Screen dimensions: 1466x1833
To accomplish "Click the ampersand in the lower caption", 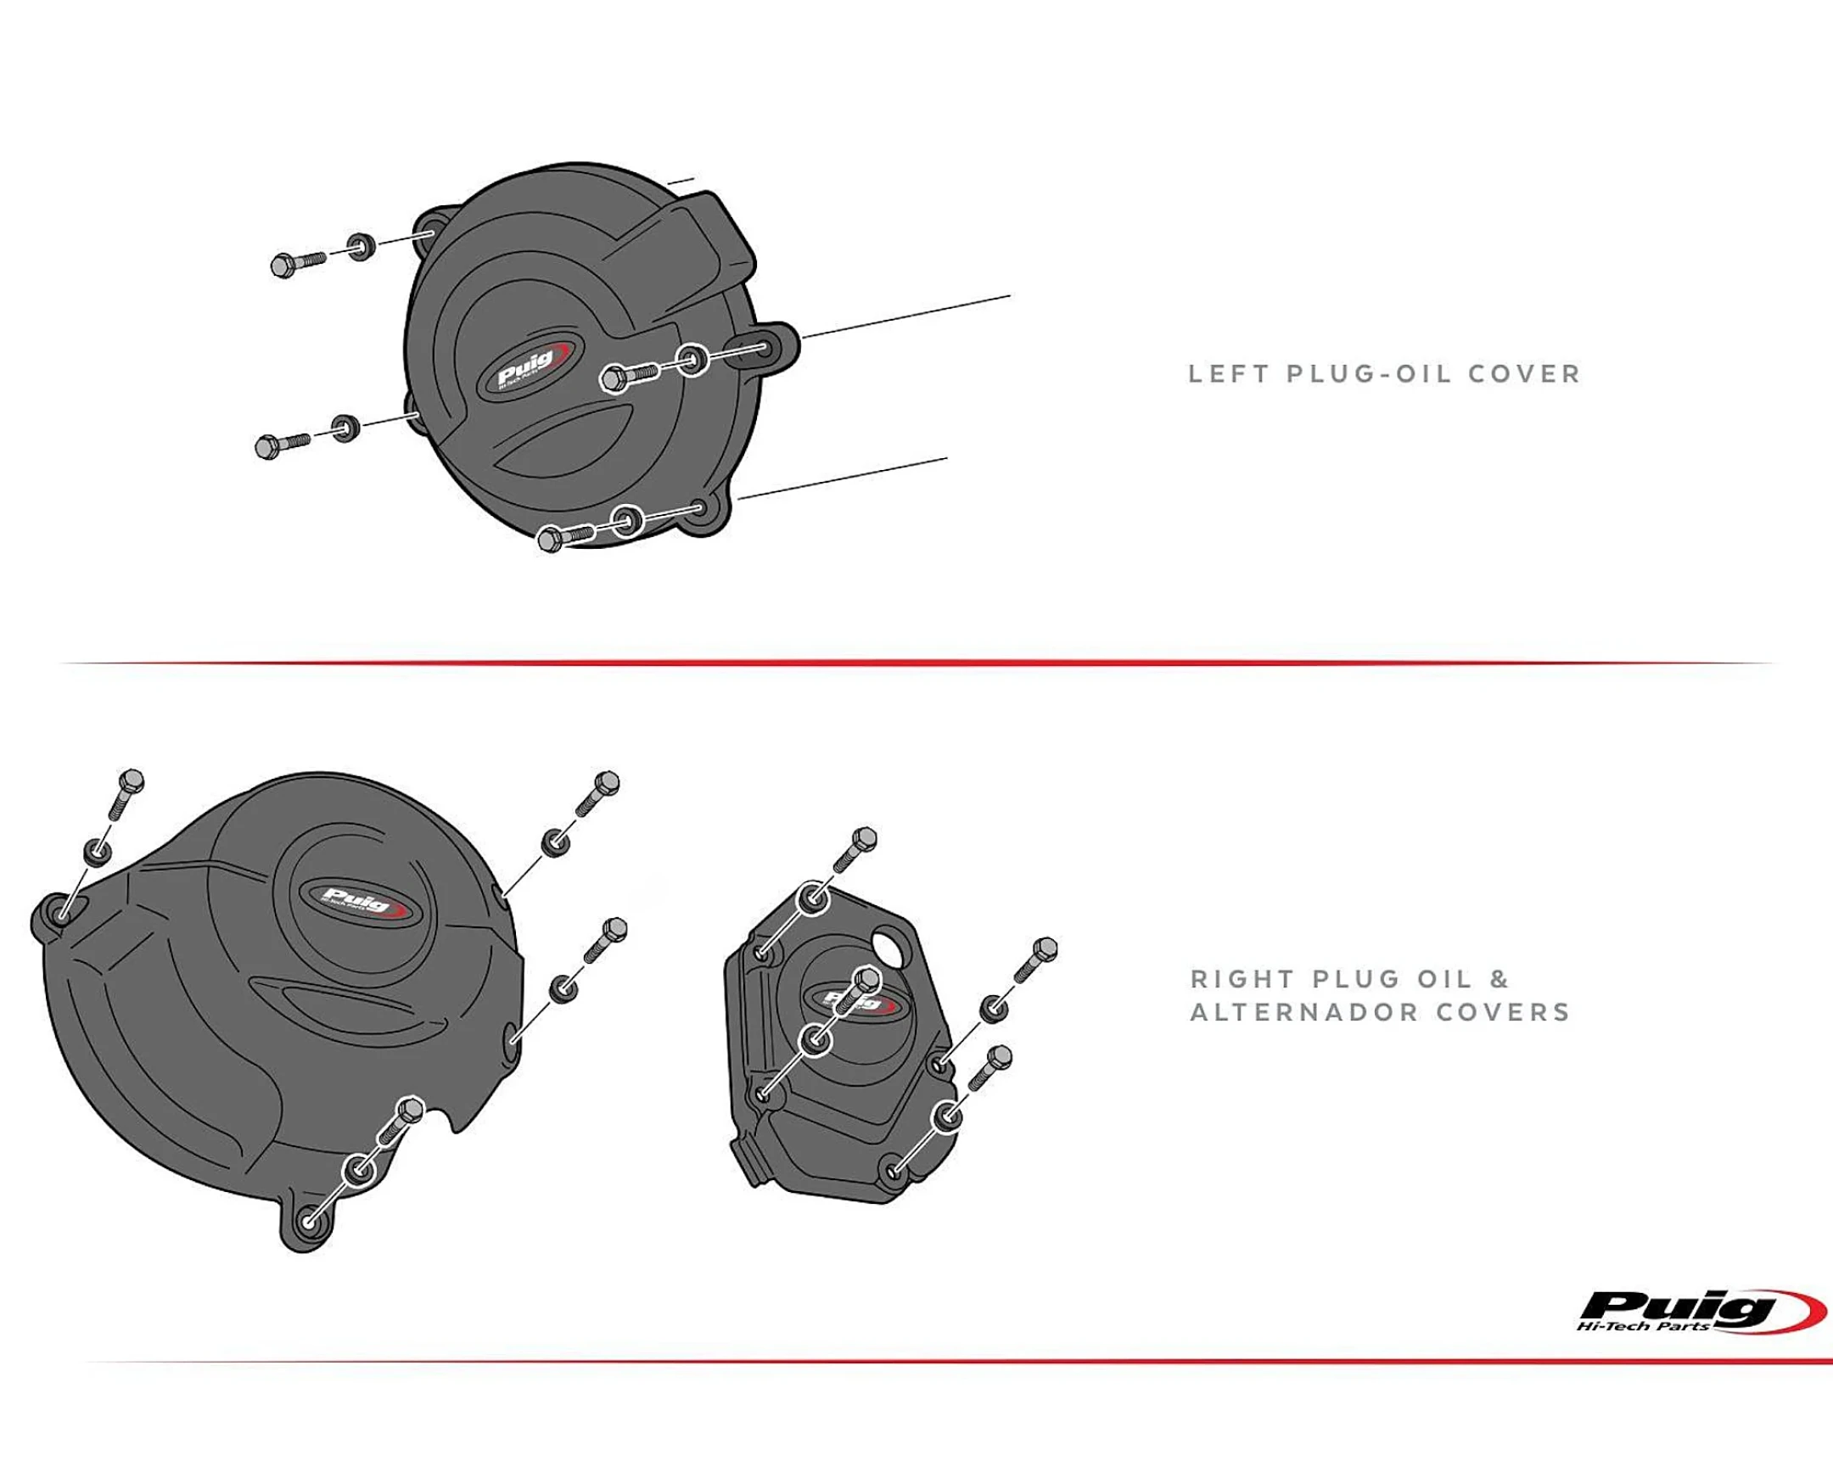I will (1499, 979).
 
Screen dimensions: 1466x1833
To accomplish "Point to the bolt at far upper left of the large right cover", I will (126, 792).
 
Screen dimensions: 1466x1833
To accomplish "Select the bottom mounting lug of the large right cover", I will (307, 1224).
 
